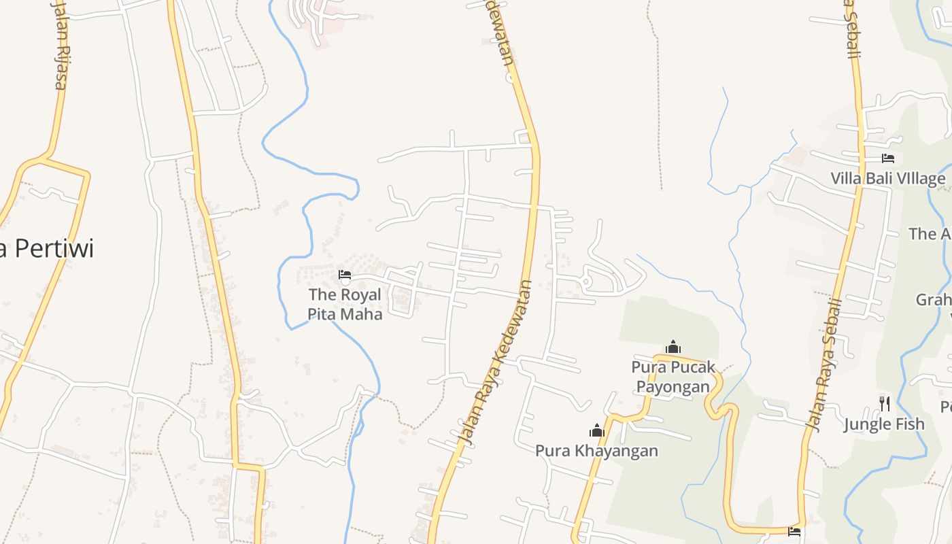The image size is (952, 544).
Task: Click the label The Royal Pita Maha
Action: point(345,304)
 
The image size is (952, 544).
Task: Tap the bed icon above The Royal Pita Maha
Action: point(345,275)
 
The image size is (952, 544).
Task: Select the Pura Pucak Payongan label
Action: point(673,377)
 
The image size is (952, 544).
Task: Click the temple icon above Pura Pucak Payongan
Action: point(673,347)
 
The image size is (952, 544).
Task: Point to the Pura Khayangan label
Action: point(596,451)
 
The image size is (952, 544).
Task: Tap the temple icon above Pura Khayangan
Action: point(597,430)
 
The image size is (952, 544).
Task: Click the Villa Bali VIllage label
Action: point(887,179)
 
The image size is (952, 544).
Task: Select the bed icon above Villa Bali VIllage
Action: point(887,158)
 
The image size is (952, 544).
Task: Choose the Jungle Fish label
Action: point(884,424)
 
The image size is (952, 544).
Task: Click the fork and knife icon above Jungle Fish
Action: point(884,403)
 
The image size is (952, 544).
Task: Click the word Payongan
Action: point(673,387)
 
